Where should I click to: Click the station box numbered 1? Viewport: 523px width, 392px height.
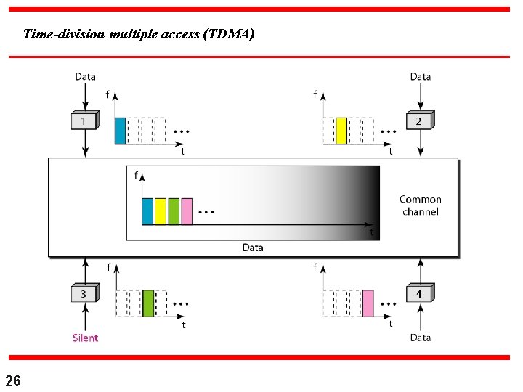click(x=85, y=121)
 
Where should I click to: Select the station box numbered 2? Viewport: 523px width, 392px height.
click(x=419, y=121)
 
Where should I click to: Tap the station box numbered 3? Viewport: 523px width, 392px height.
click(x=85, y=293)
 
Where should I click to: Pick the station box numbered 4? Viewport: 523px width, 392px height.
click(x=419, y=293)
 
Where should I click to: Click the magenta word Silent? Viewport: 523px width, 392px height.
click(x=85, y=338)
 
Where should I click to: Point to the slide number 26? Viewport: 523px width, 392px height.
click(x=13, y=380)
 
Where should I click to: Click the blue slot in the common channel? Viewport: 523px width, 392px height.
click(x=147, y=211)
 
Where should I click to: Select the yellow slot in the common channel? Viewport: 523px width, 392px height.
click(x=161, y=211)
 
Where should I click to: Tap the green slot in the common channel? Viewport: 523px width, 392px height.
click(x=174, y=211)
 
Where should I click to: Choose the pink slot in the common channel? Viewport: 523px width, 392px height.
click(x=187, y=211)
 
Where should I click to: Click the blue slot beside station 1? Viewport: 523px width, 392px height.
click(x=121, y=131)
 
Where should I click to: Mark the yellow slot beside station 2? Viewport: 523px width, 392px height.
click(x=341, y=131)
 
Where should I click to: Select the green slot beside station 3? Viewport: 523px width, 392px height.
click(x=148, y=303)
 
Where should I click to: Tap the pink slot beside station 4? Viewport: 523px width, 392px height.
click(x=368, y=303)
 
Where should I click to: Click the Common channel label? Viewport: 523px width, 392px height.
click(x=420, y=205)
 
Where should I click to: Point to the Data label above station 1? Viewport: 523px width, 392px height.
click(x=85, y=76)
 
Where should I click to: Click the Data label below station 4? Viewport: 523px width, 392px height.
click(x=420, y=338)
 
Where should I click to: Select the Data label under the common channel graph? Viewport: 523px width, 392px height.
click(x=253, y=248)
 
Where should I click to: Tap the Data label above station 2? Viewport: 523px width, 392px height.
click(x=420, y=76)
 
